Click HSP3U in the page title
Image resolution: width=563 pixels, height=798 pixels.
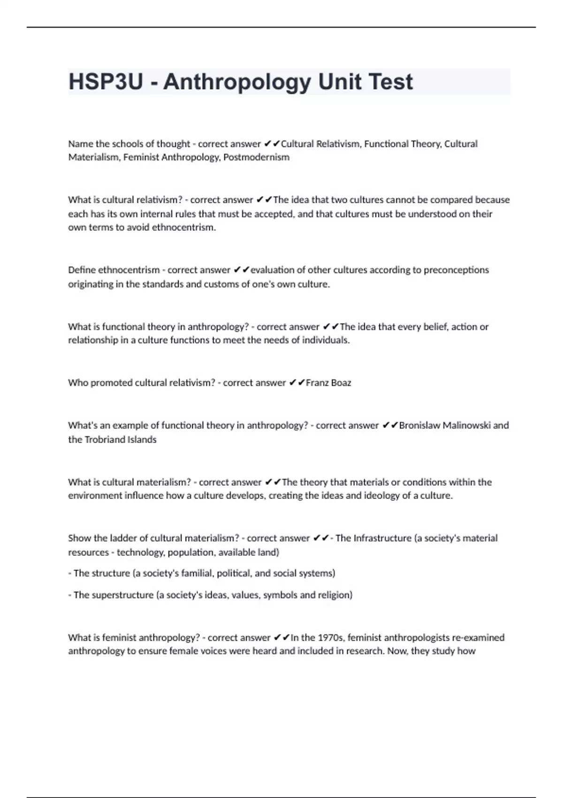[106, 82]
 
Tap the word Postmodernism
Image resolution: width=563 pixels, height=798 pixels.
[256, 157]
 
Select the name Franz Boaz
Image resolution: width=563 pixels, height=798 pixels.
[328, 383]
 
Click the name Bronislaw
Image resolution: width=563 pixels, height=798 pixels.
[419, 425]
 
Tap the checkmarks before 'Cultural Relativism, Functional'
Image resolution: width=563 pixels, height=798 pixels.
[272, 144]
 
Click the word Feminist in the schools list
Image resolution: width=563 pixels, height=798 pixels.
[141, 157]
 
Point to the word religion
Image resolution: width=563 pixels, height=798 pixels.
[335, 595]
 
